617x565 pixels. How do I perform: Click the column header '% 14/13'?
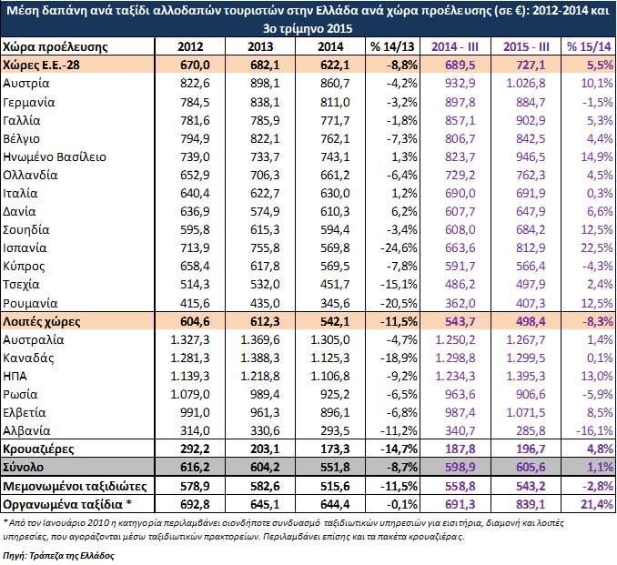pyautogui.click(x=392, y=46)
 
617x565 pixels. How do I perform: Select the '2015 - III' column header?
pyautogui.click(x=526, y=46)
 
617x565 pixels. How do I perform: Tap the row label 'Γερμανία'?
pyautogui.click(x=29, y=103)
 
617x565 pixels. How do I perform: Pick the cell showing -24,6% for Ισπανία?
pyautogui.click(x=399, y=247)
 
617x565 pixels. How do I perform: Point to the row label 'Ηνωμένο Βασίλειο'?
pyautogui.click(x=55, y=157)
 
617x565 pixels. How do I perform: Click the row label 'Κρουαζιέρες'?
pyautogui.click(x=38, y=449)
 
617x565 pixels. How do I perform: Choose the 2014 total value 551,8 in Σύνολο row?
pyautogui.click(x=335, y=467)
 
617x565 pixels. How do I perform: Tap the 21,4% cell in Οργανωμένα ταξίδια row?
pyautogui.click(x=597, y=504)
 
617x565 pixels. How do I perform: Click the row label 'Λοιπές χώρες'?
pyautogui.click(x=41, y=321)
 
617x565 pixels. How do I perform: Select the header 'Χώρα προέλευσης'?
pyautogui.click(x=56, y=46)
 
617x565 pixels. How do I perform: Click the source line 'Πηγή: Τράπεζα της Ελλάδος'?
pyautogui.click(x=58, y=556)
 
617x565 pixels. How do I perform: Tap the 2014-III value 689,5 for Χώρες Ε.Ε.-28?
pyautogui.click(x=460, y=65)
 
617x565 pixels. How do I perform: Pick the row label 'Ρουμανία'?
pyautogui.click(x=30, y=303)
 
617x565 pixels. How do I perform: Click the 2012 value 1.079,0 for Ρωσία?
pyautogui.click(x=190, y=394)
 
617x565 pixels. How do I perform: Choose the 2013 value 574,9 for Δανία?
pyautogui.click(x=265, y=211)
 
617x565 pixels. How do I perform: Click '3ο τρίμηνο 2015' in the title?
pyautogui.click(x=308, y=29)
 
